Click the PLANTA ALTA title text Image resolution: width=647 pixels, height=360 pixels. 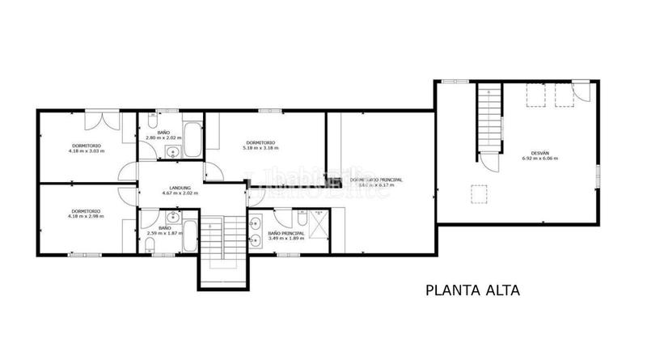(x=472, y=290)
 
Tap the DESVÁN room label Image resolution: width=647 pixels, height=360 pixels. (x=539, y=152)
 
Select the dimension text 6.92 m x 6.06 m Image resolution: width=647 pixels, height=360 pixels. (x=539, y=159)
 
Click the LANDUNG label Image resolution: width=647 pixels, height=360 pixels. (x=180, y=186)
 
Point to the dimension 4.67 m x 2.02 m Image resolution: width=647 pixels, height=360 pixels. (x=180, y=193)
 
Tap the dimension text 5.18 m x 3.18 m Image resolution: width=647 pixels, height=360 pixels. (x=260, y=148)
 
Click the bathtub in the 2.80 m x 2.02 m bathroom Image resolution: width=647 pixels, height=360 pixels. (x=192, y=133)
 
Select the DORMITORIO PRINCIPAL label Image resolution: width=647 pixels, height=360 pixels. (x=376, y=180)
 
